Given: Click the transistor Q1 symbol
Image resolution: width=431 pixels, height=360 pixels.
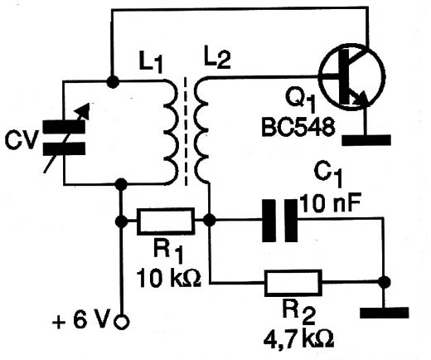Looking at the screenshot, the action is (351, 77).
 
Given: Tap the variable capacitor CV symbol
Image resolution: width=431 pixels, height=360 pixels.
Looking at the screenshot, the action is (64, 138).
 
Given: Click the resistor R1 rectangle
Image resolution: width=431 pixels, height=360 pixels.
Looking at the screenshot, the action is (166, 221).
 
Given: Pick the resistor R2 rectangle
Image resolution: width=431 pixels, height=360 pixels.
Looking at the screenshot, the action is (293, 283).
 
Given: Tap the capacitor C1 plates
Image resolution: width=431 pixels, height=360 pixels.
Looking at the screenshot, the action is (279, 221).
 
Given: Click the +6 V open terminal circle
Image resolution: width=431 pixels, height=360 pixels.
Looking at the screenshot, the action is (121, 322).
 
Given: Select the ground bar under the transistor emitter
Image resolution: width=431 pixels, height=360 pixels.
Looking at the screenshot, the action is (366, 140).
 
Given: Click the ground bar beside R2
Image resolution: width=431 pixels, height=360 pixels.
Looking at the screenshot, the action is (384, 313).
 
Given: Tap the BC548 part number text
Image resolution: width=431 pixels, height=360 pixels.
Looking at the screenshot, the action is (298, 127).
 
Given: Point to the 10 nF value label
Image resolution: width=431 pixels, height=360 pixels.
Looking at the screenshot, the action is (331, 203).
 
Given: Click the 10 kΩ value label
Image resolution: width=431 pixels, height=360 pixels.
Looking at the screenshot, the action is (169, 278).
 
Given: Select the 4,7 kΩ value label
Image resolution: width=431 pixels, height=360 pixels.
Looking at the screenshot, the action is (298, 338).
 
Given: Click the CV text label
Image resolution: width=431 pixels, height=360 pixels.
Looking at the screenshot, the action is (21, 140).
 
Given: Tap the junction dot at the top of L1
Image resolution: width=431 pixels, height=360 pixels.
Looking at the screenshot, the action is (113, 81).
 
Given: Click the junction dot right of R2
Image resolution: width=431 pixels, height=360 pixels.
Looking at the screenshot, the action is (384, 282).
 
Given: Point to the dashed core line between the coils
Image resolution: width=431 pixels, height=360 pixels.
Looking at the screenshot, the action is (186, 131).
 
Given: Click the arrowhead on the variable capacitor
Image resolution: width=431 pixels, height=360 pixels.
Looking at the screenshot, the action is (85, 109).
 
